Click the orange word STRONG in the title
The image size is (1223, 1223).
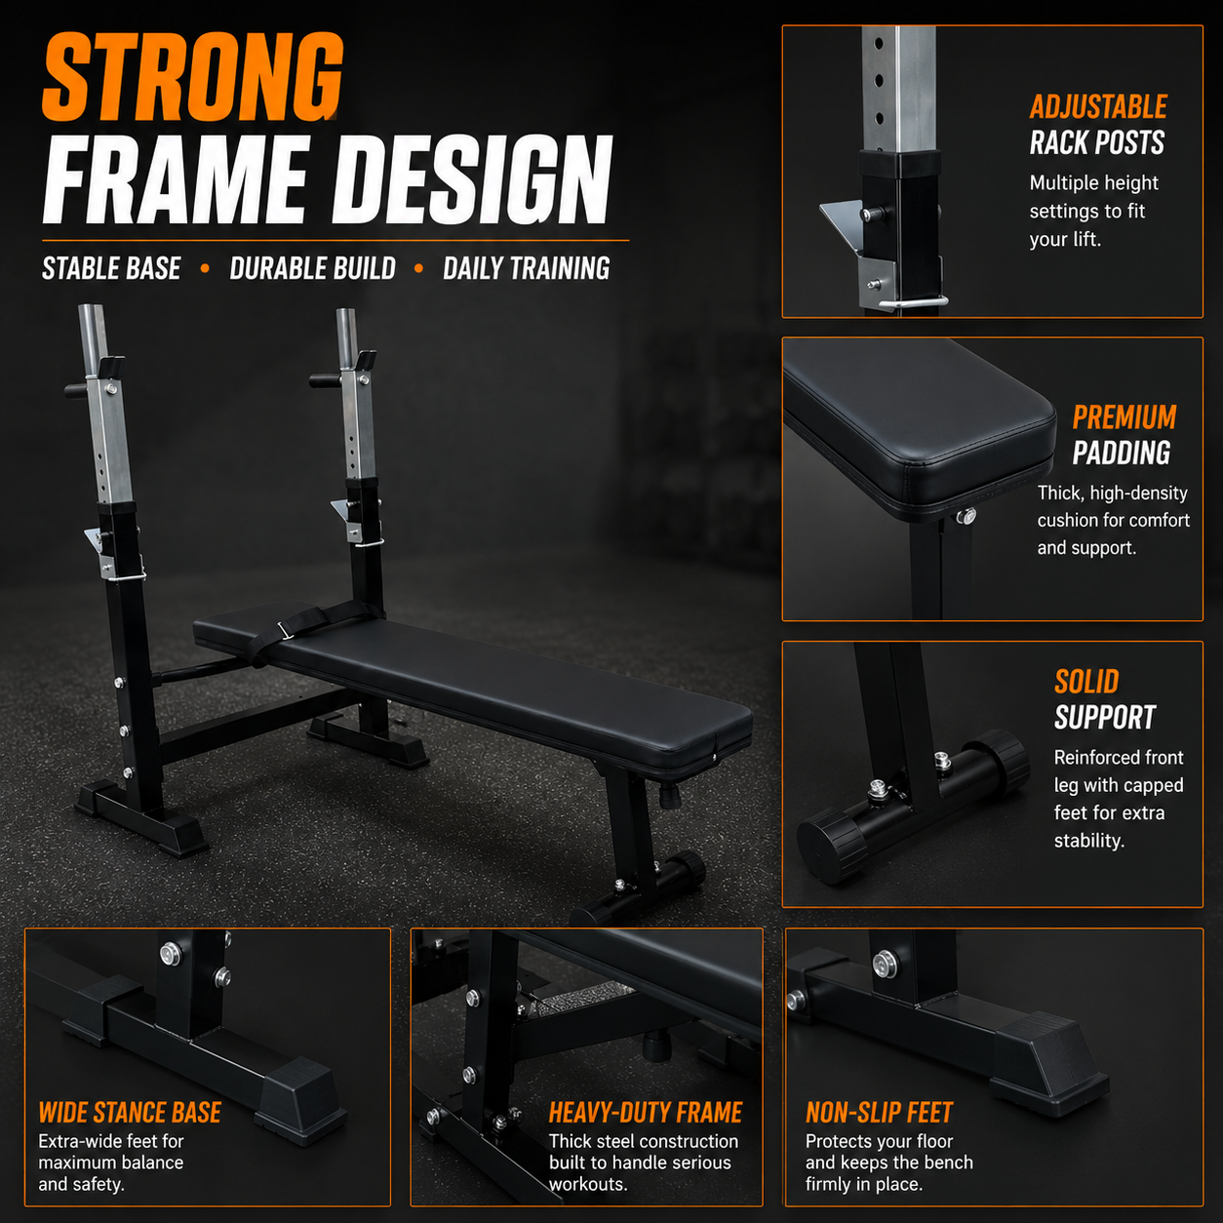193,77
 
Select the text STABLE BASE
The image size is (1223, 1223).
111,268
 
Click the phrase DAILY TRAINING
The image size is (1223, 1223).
526,268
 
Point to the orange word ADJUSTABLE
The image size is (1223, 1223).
1098,106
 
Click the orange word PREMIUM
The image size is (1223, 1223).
1124,417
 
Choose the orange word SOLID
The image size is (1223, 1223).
1085,682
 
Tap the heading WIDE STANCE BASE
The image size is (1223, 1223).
130,1113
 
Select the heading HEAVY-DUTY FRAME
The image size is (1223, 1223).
646,1113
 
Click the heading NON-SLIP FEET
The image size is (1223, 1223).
879,1113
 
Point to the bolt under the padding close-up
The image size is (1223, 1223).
966,516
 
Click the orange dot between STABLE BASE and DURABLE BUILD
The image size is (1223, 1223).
205,268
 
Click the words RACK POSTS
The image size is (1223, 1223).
1097,142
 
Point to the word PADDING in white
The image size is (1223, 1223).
1122,454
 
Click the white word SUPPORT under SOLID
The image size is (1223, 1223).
1104,717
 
